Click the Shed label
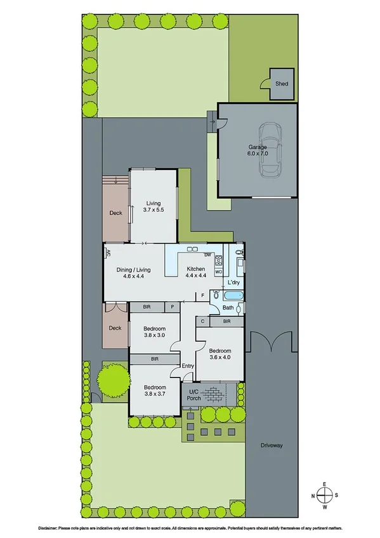281,83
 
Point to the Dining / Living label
134,273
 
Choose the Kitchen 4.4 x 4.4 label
197,273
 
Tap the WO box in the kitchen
219,272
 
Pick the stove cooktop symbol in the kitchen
219,259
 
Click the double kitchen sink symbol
193,248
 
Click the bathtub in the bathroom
231,296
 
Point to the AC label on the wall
108,253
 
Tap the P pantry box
173,307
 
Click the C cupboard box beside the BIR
202,322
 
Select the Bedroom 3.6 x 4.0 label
219,354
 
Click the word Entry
188,365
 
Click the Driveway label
271,446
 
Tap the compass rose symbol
324,495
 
